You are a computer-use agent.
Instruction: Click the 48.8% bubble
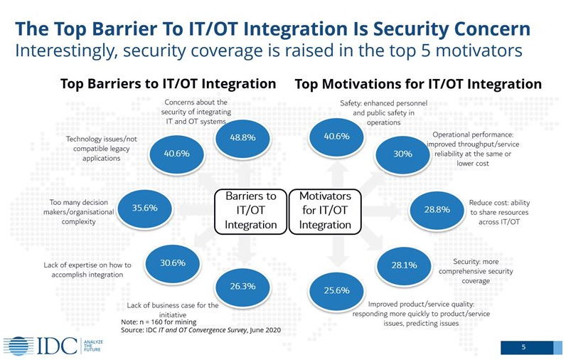(242, 137)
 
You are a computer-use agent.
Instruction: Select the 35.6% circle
(145, 208)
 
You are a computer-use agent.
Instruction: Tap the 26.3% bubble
(242, 286)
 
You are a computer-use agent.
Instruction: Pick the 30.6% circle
(173, 263)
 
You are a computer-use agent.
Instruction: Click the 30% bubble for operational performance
(403, 154)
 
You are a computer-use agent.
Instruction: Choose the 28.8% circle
(437, 210)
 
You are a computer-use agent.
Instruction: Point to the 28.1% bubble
(405, 265)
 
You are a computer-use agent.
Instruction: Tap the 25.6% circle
(336, 291)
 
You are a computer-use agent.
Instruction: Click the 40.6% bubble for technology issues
(177, 154)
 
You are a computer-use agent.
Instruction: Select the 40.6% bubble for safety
(336, 137)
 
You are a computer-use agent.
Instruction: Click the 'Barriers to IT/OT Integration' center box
(251, 211)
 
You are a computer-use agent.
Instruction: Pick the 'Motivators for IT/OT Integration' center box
(325, 211)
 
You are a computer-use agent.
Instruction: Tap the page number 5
(524, 347)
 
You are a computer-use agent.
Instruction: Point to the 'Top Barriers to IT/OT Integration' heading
(169, 84)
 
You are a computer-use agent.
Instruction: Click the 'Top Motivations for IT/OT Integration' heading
(418, 84)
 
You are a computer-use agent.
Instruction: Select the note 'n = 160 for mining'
(159, 322)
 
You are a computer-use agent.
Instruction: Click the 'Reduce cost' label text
(499, 212)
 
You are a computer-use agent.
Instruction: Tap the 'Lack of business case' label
(173, 309)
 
